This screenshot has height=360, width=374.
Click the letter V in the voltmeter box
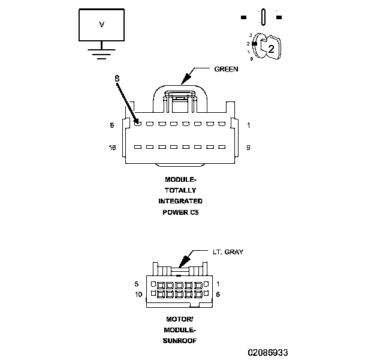click(101, 24)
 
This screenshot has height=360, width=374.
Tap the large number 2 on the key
click(271, 50)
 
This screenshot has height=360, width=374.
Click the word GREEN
click(226, 69)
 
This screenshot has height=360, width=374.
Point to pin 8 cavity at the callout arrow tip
click(137, 124)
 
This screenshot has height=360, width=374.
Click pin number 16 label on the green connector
click(111, 147)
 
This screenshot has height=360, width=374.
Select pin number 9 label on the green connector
click(248, 147)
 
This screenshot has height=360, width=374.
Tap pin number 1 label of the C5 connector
click(248, 125)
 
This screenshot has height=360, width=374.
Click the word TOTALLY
click(180, 190)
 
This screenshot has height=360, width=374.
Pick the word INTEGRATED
click(180, 201)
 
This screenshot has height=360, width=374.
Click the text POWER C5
click(180, 212)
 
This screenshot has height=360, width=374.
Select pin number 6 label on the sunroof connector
click(218, 294)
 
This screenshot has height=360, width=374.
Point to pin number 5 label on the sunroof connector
click(137, 283)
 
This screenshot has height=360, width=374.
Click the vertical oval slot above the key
click(263, 17)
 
